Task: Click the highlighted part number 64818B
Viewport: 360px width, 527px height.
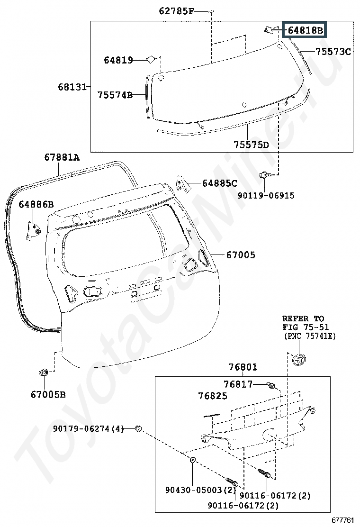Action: [305, 30]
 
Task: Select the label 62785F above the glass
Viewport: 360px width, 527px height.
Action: [176, 11]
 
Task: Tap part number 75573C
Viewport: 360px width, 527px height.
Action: [333, 52]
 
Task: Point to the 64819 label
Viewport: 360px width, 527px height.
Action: [118, 60]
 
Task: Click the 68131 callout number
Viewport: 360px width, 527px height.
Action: [72, 87]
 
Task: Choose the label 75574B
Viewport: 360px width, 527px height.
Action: [115, 95]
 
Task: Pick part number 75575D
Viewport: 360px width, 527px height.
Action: [251, 145]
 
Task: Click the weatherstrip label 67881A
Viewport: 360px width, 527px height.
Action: [62, 157]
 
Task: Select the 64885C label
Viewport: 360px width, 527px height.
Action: [220, 183]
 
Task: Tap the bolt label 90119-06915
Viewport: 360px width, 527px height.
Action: [266, 196]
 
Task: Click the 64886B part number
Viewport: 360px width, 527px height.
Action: [36, 204]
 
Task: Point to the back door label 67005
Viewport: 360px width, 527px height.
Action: [241, 255]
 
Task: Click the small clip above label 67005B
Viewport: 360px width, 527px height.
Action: [44, 372]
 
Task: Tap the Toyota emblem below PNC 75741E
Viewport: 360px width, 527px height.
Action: [298, 360]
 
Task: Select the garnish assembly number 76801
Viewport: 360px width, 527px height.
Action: [243, 367]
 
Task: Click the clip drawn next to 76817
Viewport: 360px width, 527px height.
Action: [271, 385]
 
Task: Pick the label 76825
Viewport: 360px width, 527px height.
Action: [213, 396]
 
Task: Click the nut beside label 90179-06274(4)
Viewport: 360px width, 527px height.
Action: [138, 428]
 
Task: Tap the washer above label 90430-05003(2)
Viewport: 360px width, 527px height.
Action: [193, 459]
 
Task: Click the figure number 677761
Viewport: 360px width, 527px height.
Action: [343, 520]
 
